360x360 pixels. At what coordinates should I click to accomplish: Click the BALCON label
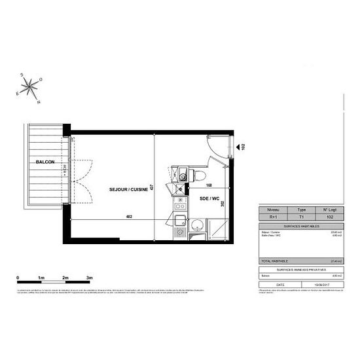tap(45, 162)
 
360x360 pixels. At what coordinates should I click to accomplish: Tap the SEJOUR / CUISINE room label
tap(129, 190)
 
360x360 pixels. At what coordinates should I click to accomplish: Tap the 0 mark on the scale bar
tap(17, 278)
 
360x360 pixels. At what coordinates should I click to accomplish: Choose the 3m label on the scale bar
tap(90, 278)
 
